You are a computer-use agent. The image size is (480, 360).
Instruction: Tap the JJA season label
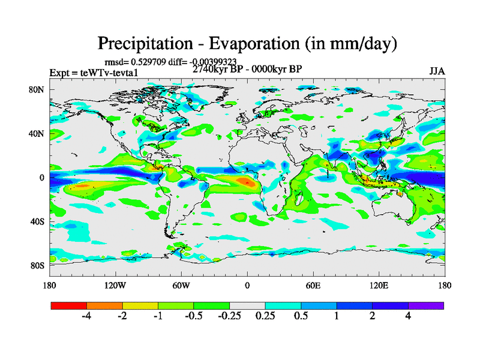(x=437, y=71)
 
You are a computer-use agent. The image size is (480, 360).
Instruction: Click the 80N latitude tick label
(x=38, y=89)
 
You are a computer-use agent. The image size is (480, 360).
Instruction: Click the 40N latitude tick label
(x=38, y=133)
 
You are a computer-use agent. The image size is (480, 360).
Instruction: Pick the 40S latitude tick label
(x=38, y=221)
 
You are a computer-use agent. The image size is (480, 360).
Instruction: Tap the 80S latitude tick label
(x=38, y=265)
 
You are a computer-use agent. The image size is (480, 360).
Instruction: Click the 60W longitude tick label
(x=181, y=285)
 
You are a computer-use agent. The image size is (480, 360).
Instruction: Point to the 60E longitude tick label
(x=313, y=285)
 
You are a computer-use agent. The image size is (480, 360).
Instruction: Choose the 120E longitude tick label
(x=379, y=285)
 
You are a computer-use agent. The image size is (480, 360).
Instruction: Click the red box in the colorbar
(x=69, y=305)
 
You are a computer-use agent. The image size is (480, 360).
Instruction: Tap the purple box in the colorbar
(x=426, y=305)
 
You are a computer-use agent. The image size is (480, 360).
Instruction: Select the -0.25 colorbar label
(x=229, y=316)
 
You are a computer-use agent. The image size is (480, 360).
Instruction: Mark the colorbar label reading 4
(x=408, y=316)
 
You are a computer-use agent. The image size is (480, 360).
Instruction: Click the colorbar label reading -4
(x=86, y=316)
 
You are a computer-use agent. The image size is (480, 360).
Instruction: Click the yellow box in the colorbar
(x=140, y=305)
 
